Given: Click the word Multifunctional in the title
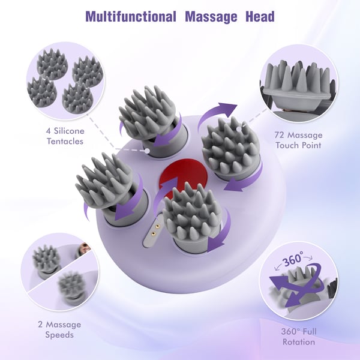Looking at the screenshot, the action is pyautogui.click(x=131, y=17).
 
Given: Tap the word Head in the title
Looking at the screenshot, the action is pyautogui.click(x=260, y=17).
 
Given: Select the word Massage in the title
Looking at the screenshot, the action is pyautogui.click(x=211, y=17).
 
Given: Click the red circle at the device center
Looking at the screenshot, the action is pyautogui.click(x=184, y=177).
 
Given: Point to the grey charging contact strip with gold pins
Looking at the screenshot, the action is pyautogui.click(x=153, y=230).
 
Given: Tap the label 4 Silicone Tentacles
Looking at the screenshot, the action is pyautogui.click(x=65, y=136).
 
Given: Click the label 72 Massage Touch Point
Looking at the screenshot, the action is pyautogui.click(x=298, y=140).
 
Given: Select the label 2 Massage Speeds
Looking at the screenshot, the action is pyautogui.click(x=59, y=329).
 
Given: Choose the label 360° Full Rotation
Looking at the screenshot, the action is pyautogui.click(x=299, y=337).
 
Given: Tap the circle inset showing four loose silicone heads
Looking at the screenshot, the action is pyautogui.click(x=65, y=81).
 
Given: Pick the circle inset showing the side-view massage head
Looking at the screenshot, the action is pyautogui.click(x=299, y=83).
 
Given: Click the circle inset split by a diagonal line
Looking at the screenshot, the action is pyautogui.click(x=59, y=272).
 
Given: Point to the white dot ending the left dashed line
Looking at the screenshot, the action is pyautogui.click(x=148, y=151).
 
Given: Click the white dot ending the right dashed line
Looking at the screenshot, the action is pyautogui.click(x=239, y=129).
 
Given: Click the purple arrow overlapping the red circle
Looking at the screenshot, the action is pyautogui.click(x=163, y=192).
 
